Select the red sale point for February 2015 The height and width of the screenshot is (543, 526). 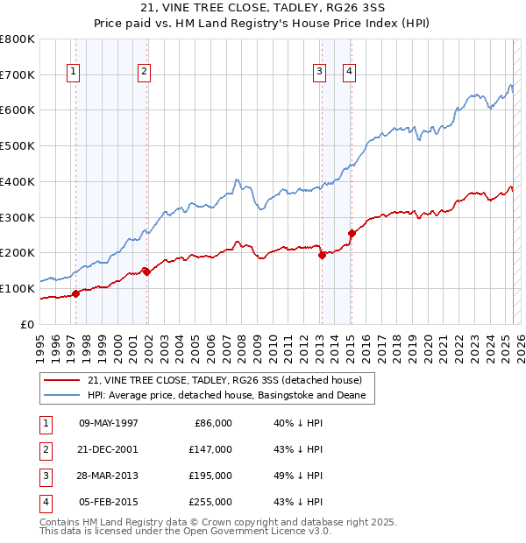click(352, 233)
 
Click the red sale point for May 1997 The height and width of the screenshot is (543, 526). click(75, 293)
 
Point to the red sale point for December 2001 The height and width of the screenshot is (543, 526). click(146, 271)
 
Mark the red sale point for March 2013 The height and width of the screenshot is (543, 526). click(322, 255)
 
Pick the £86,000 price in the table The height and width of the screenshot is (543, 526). click(211, 423)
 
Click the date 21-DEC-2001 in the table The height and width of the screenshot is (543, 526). click(108, 449)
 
